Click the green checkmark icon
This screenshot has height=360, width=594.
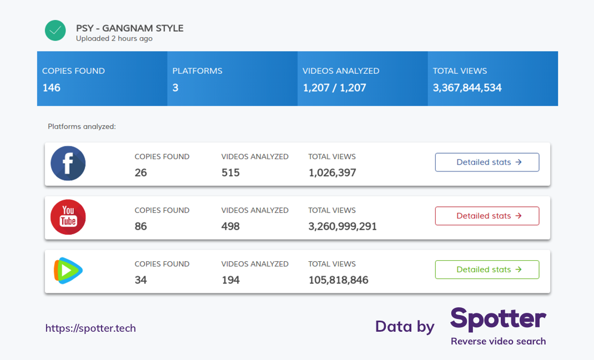56,31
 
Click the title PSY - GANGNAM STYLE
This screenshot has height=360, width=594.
129,28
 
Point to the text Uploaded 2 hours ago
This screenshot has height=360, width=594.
114,39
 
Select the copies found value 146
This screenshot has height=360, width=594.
52,88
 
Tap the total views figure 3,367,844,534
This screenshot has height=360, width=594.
467,88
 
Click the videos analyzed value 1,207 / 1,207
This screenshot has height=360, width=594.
334,88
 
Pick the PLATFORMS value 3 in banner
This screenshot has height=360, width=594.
175,88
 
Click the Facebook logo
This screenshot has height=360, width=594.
68,164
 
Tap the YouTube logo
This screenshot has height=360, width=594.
68,217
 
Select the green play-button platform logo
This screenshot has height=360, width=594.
68,271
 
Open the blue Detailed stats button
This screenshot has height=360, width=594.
487,163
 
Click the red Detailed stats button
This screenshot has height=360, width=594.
487,216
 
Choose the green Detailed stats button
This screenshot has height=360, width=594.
487,270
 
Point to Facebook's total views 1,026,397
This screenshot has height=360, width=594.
332,173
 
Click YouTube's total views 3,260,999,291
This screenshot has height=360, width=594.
343,226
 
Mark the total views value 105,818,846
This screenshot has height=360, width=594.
338,280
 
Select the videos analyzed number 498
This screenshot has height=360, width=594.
230,226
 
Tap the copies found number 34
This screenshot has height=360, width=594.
141,280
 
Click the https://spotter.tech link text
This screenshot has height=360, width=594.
90,328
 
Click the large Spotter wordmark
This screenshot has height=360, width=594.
498,319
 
